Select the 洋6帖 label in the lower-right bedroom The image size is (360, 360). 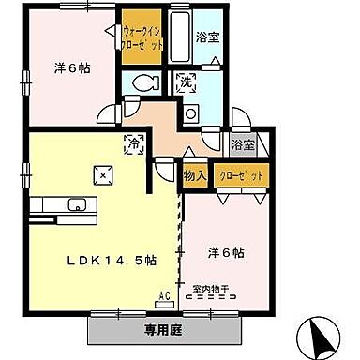pos(225,252)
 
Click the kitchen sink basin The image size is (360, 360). pos(74,206)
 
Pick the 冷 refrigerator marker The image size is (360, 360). pos(134,145)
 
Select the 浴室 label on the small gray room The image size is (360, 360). pos(242,146)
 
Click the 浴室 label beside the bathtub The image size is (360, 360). pos(207,37)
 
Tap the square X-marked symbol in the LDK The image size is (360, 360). pos(100,173)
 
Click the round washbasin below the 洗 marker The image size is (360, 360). pos(191,114)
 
